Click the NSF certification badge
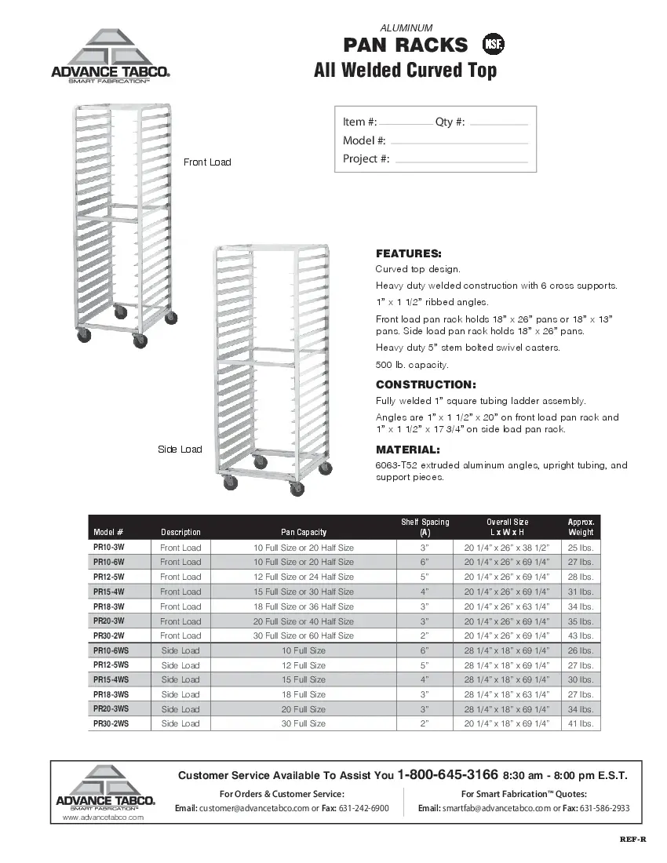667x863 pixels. click(x=493, y=45)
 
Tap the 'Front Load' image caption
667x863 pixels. click(x=207, y=162)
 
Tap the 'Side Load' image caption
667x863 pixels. click(x=180, y=450)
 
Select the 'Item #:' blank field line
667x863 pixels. click(x=405, y=124)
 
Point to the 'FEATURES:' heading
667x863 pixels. click(x=408, y=254)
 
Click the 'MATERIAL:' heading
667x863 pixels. click(x=407, y=450)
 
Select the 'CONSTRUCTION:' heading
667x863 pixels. click(x=425, y=384)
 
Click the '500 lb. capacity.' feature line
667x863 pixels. click(x=412, y=365)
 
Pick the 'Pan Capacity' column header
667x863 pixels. click(x=304, y=532)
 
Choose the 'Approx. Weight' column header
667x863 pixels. click(x=581, y=526)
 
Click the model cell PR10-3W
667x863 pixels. click(x=108, y=548)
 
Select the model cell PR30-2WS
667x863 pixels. click(x=111, y=724)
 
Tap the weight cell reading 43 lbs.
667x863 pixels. click(x=581, y=635)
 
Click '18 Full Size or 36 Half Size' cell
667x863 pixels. click(x=304, y=606)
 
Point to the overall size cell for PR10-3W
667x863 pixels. click(x=507, y=548)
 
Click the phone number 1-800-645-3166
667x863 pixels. click(x=447, y=774)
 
